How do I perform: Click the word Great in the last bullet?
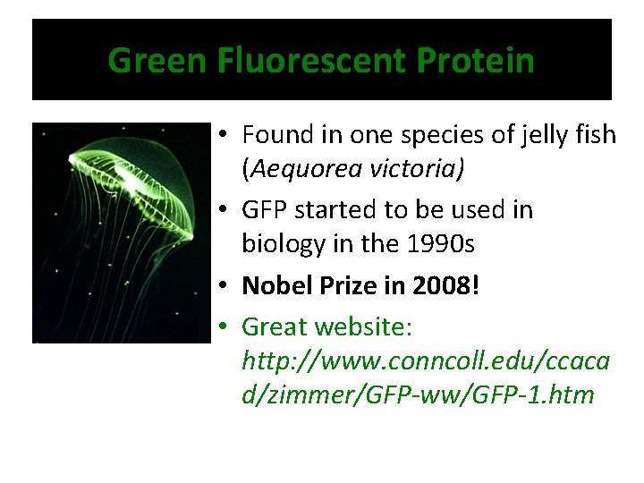tap(273, 326)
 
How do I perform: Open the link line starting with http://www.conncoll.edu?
tap(426, 360)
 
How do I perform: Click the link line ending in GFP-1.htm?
tap(418, 394)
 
